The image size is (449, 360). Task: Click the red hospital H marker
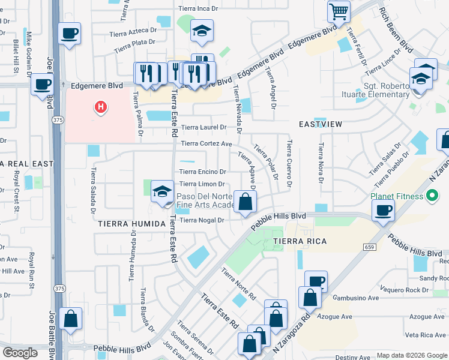(101, 107)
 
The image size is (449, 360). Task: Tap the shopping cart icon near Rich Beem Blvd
(339, 11)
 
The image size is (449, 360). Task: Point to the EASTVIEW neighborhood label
(321, 124)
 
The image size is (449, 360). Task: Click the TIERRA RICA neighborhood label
(300, 241)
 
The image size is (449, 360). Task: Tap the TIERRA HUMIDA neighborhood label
(129, 224)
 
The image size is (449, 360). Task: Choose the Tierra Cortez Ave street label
(206, 144)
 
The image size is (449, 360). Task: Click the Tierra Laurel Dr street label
(203, 127)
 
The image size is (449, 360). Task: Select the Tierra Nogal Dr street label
(202, 220)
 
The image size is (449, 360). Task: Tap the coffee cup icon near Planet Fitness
(384, 210)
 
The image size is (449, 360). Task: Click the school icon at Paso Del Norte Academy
(161, 191)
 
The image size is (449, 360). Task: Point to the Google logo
(20, 353)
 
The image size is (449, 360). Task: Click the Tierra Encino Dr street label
(202, 172)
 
